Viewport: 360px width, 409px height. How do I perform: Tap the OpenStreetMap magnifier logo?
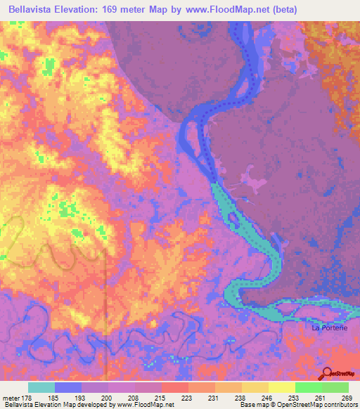tap(327, 373)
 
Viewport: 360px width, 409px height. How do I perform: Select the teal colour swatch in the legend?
tap(41, 387)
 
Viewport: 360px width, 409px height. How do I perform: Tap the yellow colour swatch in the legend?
tap(281, 387)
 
